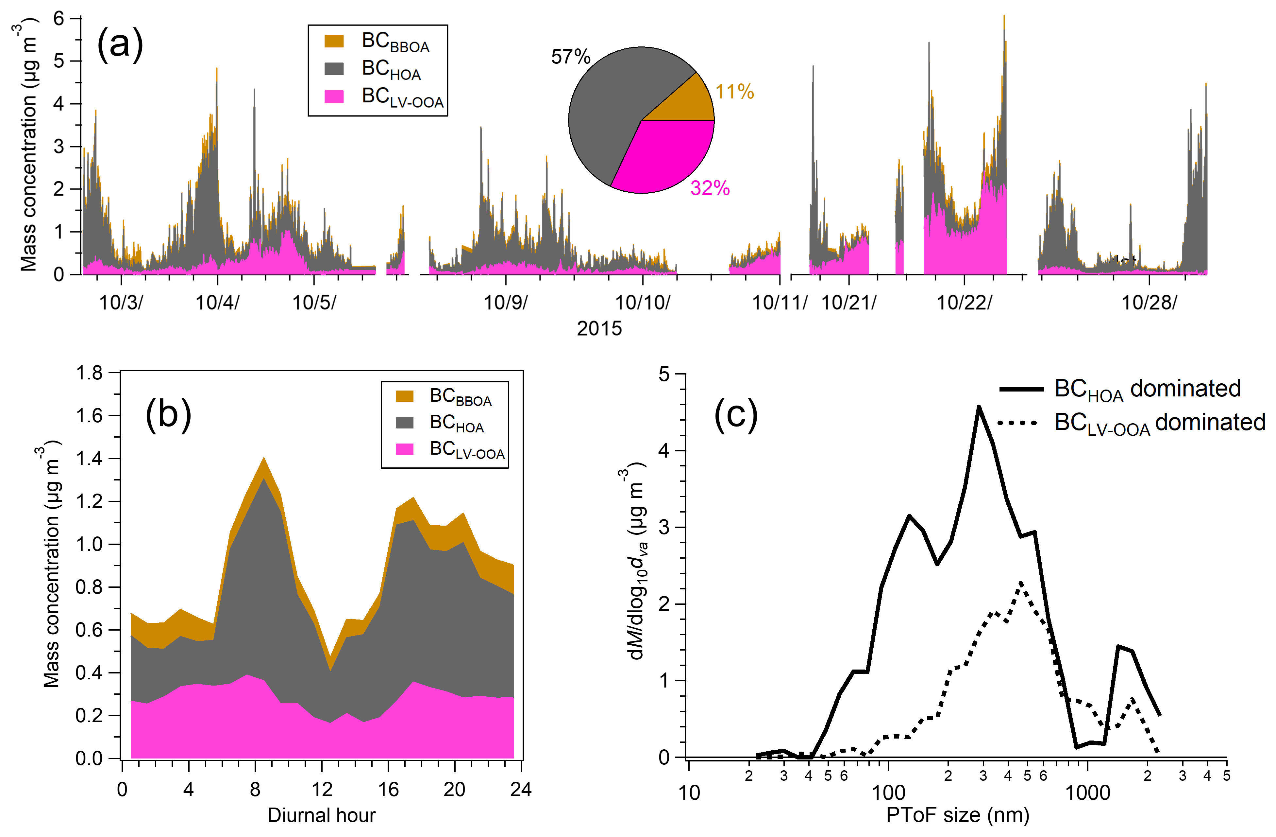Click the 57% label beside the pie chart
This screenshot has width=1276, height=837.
point(570,56)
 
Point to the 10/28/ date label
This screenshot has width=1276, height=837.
point(1149,303)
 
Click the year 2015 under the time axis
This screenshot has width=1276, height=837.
point(599,328)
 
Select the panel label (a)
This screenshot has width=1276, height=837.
point(120,44)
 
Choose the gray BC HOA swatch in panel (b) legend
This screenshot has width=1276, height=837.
point(405,422)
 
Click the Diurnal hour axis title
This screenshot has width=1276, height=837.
point(321,815)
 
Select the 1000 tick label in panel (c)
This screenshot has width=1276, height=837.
point(1087,793)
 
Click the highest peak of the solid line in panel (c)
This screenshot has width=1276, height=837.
point(979,407)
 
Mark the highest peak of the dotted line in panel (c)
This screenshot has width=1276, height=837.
point(1021,582)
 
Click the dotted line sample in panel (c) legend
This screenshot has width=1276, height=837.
point(1017,423)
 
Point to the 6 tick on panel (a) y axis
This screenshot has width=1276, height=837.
point(59,19)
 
